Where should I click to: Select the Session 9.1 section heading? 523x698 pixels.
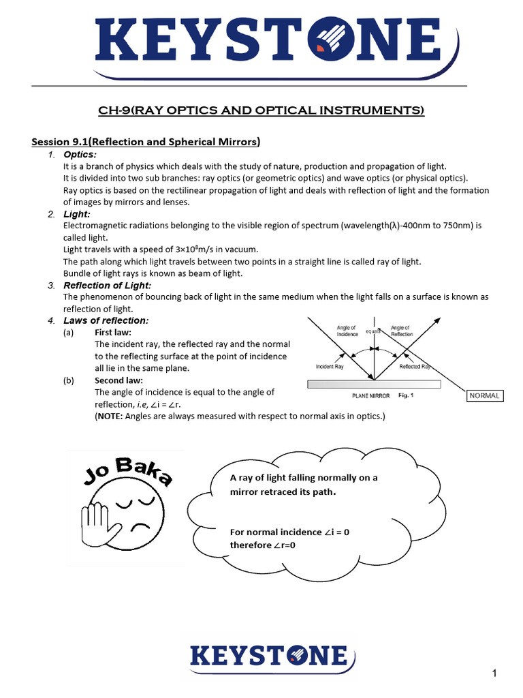(146, 142)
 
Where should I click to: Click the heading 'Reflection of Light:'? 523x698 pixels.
(108, 285)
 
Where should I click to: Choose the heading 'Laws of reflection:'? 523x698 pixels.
(106, 320)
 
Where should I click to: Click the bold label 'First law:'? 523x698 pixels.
(113, 333)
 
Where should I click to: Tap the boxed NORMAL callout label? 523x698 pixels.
(484, 395)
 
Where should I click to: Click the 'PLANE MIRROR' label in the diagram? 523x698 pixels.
(371, 395)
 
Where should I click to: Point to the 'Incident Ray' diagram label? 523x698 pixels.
(330, 367)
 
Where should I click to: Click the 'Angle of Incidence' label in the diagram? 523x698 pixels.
(347, 331)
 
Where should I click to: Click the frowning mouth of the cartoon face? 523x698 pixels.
(140, 528)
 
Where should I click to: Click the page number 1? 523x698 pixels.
(495, 674)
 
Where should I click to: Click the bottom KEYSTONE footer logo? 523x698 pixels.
(268, 656)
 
